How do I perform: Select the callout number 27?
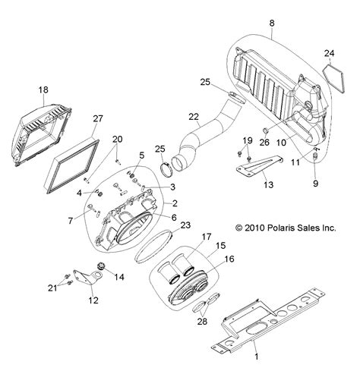pyautogui.click(x=98, y=118)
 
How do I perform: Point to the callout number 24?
pyautogui.click(x=329, y=53)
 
